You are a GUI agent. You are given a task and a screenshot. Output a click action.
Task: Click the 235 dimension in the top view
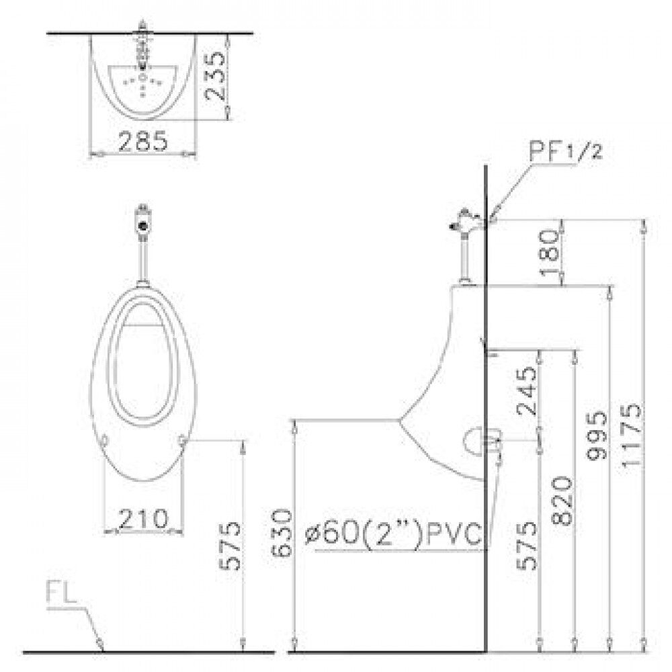[x=215, y=76]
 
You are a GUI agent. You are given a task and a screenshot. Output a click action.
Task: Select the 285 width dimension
[x=142, y=140]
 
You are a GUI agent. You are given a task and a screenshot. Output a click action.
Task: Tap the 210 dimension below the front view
[x=142, y=518]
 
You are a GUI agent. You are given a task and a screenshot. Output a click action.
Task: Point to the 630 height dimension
[x=282, y=532]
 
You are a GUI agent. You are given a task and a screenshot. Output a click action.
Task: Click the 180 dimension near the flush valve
[x=548, y=252]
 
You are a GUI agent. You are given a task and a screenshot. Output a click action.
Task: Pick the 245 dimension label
[x=527, y=391]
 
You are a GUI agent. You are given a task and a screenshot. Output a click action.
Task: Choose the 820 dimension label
[x=562, y=500]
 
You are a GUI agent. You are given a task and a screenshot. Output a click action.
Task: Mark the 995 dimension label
[x=597, y=435]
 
